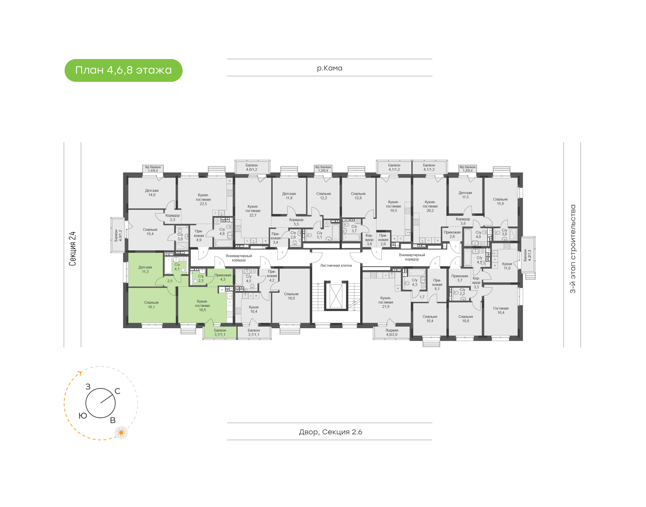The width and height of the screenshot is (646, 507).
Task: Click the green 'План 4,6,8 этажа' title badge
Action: [123, 70]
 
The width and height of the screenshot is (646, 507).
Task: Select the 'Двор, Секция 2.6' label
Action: [330, 432]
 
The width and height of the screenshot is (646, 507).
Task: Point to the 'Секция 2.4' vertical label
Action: [73, 249]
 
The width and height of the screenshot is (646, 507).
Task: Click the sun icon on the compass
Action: [121, 433]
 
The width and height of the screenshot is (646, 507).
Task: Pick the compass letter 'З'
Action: [88, 387]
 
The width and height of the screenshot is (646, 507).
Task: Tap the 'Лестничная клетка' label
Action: [336, 265]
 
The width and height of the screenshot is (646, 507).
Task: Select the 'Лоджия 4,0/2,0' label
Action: [392, 332]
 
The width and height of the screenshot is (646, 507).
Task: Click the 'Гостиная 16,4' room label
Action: [501, 310]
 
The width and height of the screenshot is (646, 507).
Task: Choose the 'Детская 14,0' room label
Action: [152, 193]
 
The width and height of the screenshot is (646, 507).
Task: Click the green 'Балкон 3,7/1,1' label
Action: [220, 332]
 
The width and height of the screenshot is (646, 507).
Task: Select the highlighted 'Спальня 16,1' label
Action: [151, 305]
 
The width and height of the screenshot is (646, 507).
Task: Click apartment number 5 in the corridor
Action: [377, 252]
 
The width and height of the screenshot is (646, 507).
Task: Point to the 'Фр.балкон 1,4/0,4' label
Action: [153, 169]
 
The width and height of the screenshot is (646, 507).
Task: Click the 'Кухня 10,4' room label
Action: [254, 309]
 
